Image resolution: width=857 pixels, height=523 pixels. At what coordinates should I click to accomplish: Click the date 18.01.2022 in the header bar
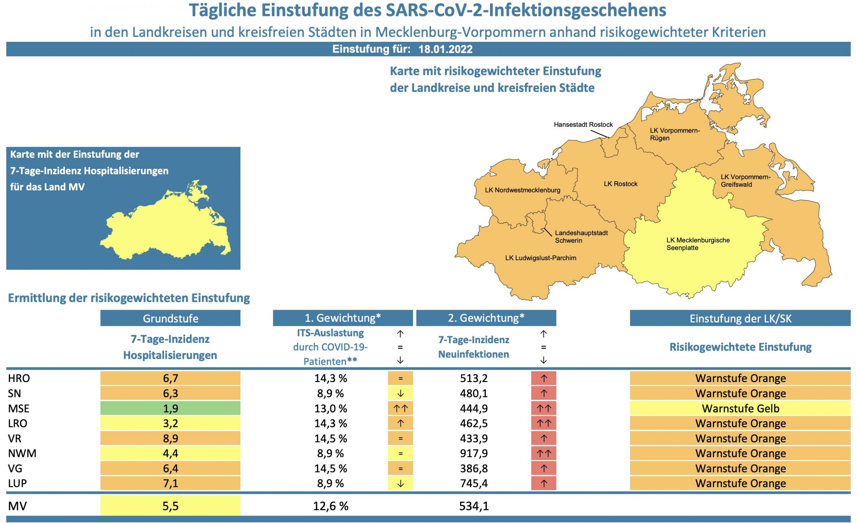(x=445, y=49)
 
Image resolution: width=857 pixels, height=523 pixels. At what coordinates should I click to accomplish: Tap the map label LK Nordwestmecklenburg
(x=523, y=190)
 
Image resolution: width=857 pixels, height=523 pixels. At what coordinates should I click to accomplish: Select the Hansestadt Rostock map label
(x=583, y=125)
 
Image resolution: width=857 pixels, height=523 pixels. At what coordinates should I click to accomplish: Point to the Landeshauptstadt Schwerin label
(x=581, y=237)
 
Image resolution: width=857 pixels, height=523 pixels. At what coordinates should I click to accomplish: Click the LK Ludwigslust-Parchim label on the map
(x=541, y=258)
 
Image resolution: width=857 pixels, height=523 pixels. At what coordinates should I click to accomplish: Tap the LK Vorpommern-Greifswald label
(x=745, y=180)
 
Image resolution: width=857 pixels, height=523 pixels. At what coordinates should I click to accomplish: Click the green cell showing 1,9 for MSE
(x=170, y=408)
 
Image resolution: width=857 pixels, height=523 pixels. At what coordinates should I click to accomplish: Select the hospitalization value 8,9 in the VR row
(x=170, y=438)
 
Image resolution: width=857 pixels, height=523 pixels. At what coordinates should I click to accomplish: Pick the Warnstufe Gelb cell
(x=740, y=408)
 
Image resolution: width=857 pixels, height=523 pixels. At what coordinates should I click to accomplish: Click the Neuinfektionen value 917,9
(x=473, y=453)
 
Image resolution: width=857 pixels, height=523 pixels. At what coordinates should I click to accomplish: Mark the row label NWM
(x=22, y=453)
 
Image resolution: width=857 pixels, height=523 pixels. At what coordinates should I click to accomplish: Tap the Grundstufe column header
(x=170, y=318)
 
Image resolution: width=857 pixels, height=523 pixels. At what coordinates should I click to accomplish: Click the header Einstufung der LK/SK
(x=740, y=318)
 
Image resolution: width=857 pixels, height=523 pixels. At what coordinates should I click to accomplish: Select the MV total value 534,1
(x=473, y=506)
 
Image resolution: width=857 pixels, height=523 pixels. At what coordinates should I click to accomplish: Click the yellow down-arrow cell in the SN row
(x=400, y=393)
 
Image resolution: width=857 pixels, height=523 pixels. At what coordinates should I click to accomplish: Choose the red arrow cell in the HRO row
(x=544, y=378)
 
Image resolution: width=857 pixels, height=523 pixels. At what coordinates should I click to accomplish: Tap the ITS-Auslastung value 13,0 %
(x=330, y=408)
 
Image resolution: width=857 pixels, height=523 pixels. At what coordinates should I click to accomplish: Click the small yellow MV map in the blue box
(x=167, y=226)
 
